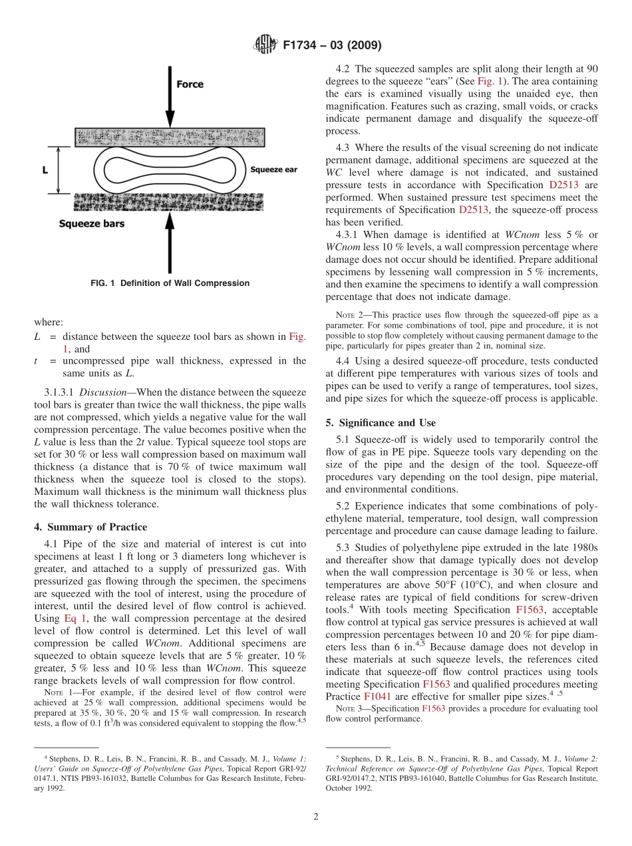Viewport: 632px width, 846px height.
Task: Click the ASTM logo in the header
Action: [265, 45]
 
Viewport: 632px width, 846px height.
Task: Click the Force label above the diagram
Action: [190, 84]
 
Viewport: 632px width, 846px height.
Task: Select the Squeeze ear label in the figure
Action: [273, 170]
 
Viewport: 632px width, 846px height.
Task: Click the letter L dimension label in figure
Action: [45, 170]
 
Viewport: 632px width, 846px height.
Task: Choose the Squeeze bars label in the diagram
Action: [92, 223]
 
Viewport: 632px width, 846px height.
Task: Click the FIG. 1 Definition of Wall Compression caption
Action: [170, 283]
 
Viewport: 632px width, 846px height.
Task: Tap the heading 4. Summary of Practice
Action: [90, 527]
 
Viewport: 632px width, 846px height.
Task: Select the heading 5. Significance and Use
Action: [381, 423]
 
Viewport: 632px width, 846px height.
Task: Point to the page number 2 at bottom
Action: [316, 817]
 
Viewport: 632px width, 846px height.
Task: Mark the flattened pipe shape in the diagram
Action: [169, 170]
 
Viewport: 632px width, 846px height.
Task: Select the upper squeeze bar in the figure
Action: [169, 138]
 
